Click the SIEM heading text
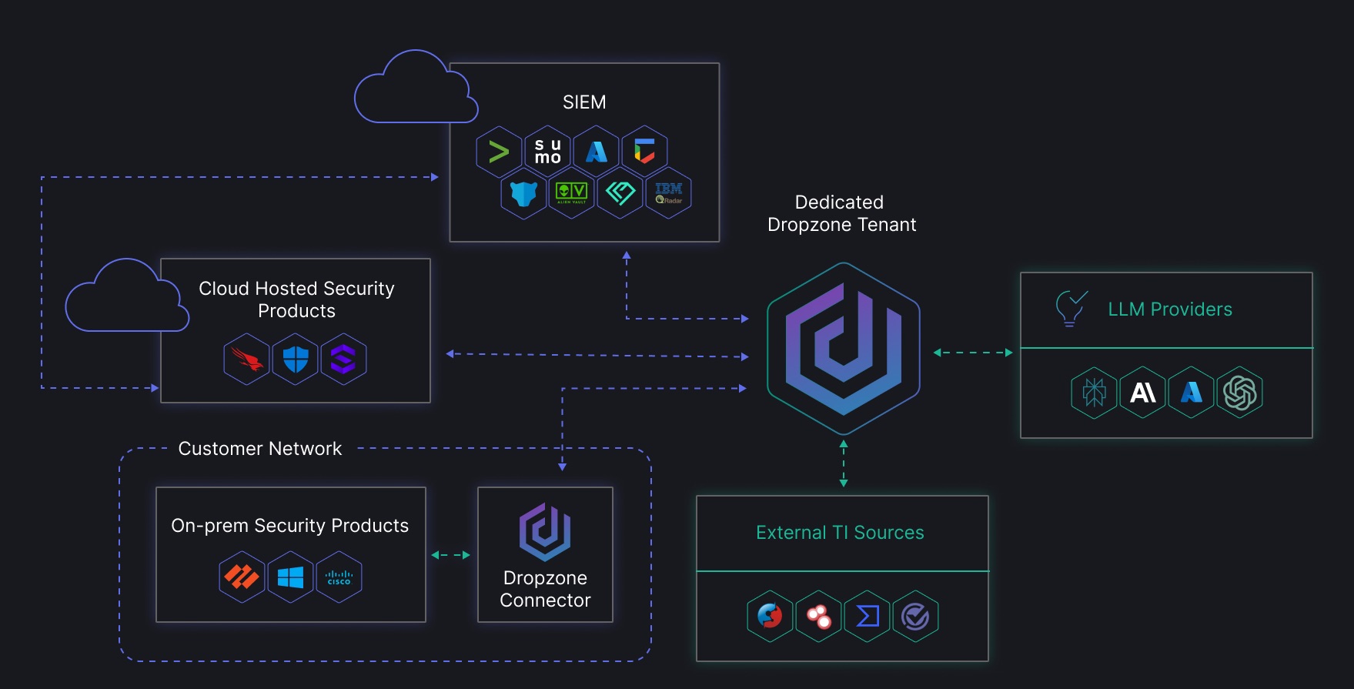click(584, 102)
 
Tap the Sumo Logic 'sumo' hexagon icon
click(547, 151)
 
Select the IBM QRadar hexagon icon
click(668, 192)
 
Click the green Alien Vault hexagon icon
click(571, 192)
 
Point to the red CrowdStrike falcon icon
click(246, 359)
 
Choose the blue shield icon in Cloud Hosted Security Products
click(296, 359)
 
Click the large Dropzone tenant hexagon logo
click(844, 348)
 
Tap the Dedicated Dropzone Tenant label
click(841, 213)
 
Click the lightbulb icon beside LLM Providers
click(1071, 308)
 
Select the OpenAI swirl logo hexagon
click(1239, 393)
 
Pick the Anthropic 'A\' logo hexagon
click(1142, 393)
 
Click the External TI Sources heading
click(840, 533)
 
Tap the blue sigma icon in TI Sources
click(868, 616)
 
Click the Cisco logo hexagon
click(339, 577)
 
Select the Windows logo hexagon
click(290, 577)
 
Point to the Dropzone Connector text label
click(545, 589)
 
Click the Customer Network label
click(259, 449)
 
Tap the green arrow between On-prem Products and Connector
click(451, 555)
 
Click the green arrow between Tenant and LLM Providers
click(972, 353)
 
